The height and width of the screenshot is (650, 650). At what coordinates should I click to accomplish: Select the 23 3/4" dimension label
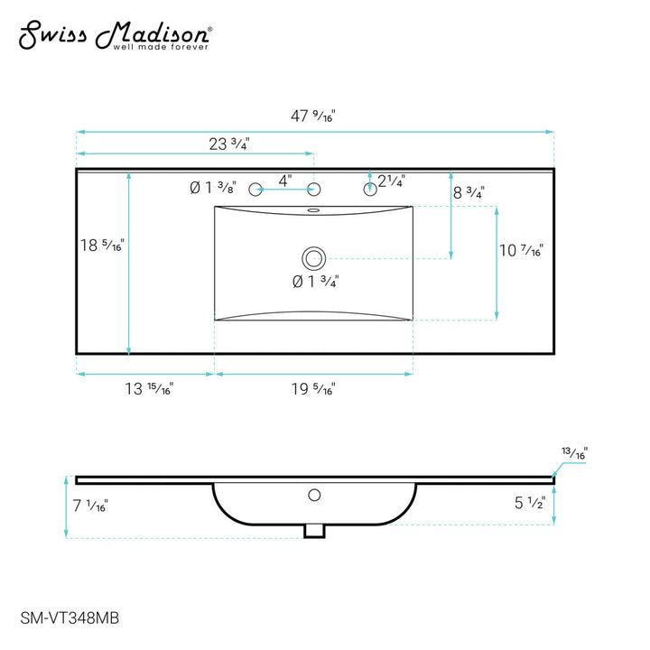(x=227, y=144)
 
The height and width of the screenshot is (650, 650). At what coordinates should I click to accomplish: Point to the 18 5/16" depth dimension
(x=101, y=246)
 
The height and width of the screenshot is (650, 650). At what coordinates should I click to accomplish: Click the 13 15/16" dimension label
(x=149, y=389)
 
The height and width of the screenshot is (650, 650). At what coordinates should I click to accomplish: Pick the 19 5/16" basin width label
(x=313, y=389)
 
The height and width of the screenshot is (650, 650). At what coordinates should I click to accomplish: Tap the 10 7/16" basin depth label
(x=522, y=251)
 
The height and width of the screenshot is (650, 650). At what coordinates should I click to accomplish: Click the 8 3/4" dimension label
(x=469, y=192)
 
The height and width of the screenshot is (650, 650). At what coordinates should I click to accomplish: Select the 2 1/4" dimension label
(x=391, y=181)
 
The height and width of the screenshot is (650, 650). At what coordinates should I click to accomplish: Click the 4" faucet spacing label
(x=284, y=181)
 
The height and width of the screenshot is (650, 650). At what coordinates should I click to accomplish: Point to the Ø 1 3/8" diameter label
(x=213, y=188)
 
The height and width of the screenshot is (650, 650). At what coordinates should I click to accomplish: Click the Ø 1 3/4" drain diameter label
(x=314, y=282)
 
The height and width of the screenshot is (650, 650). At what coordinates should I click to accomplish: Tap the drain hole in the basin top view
(x=313, y=258)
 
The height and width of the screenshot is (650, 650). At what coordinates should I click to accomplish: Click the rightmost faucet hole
(x=369, y=189)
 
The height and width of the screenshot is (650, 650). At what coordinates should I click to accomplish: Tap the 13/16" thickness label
(x=574, y=452)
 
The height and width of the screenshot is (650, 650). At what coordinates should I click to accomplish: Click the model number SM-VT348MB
(x=70, y=618)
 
